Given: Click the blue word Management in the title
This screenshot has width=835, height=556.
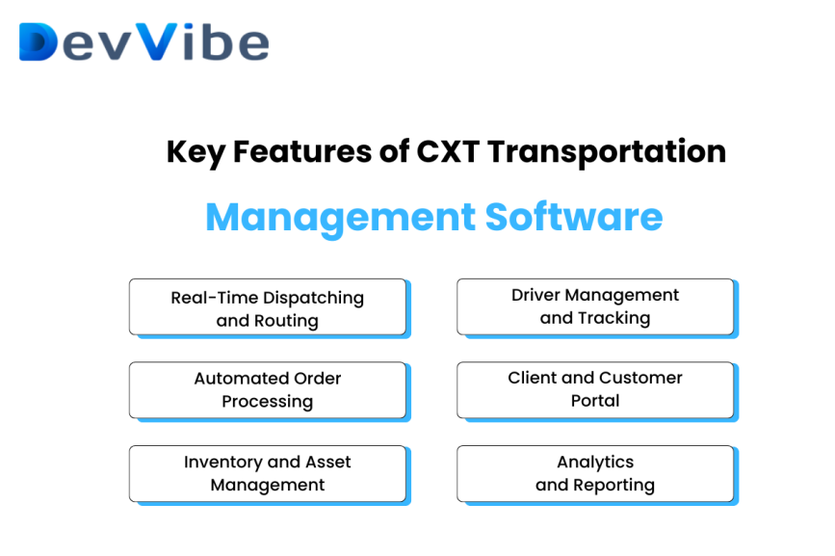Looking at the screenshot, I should coord(340,217).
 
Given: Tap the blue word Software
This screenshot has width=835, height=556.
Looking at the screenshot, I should coord(574,217).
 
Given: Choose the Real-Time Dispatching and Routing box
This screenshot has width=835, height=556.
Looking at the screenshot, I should coord(268,308).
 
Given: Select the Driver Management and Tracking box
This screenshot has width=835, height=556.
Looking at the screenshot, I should coord(595,306).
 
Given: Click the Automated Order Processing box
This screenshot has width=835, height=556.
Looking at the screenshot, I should coord(268,389).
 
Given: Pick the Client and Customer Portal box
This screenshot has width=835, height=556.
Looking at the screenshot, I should coord(595,389).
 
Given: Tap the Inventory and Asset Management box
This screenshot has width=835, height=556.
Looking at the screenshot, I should coord(268,473).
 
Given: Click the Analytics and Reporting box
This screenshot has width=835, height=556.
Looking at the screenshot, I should coord(595,473).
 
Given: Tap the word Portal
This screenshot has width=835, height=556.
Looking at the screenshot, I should coord(595,401).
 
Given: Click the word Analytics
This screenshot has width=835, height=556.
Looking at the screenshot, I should coord(595,463).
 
